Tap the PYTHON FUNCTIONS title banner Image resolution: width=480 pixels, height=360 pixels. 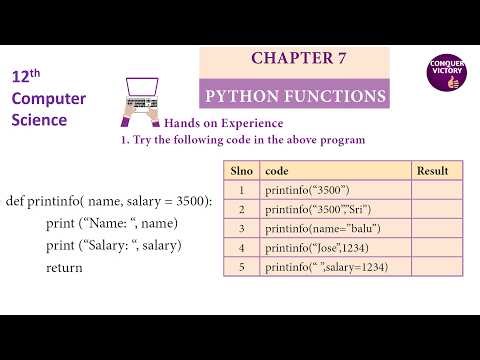(x=294, y=96)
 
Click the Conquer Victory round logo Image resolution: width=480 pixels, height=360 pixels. (x=444, y=74)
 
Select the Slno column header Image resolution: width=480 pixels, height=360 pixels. (x=241, y=170)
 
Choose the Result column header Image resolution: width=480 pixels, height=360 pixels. (x=432, y=170)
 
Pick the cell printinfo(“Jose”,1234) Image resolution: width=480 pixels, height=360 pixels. (x=314, y=247)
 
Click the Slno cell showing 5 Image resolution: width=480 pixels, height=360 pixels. (x=241, y=267)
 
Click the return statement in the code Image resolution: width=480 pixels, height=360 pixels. (x=64, y=268)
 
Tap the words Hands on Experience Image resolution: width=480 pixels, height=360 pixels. (x=211, y=123)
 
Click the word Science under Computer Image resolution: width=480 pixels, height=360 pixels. (x=40, y=120)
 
